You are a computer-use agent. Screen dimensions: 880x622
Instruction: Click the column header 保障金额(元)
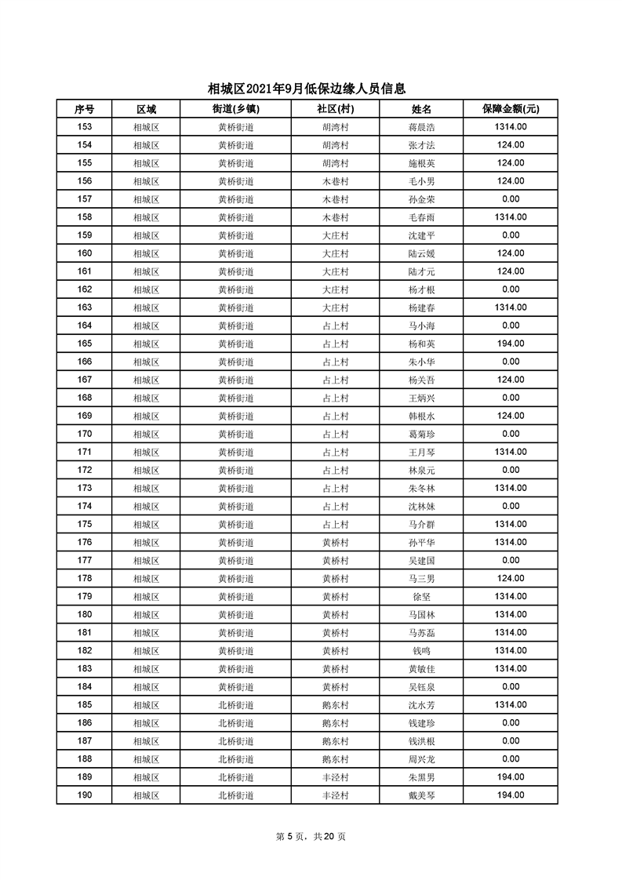click(510, 109)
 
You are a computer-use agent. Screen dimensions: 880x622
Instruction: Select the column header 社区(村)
click(335, 109)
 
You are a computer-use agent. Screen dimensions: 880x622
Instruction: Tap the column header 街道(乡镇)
click(235, 109)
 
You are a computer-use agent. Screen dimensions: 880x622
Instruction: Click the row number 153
click(85, 127)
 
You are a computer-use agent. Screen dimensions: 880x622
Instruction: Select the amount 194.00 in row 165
click(510, 344)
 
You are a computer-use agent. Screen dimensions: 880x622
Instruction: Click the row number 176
click(85, 543)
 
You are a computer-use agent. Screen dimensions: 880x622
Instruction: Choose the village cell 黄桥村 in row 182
click(335, 651)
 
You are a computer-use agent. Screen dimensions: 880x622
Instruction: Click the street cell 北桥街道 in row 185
click(235, 705)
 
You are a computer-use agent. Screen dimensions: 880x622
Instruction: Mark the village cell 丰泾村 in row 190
click(335, 795)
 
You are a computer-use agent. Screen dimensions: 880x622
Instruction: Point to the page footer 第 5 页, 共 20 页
click(311, 836)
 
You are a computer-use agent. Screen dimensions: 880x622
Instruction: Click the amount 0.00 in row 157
click(510, 199)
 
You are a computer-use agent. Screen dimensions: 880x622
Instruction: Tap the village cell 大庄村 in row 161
click(335, 271)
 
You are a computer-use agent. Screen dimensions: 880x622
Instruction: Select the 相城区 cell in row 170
click(146, 435)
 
